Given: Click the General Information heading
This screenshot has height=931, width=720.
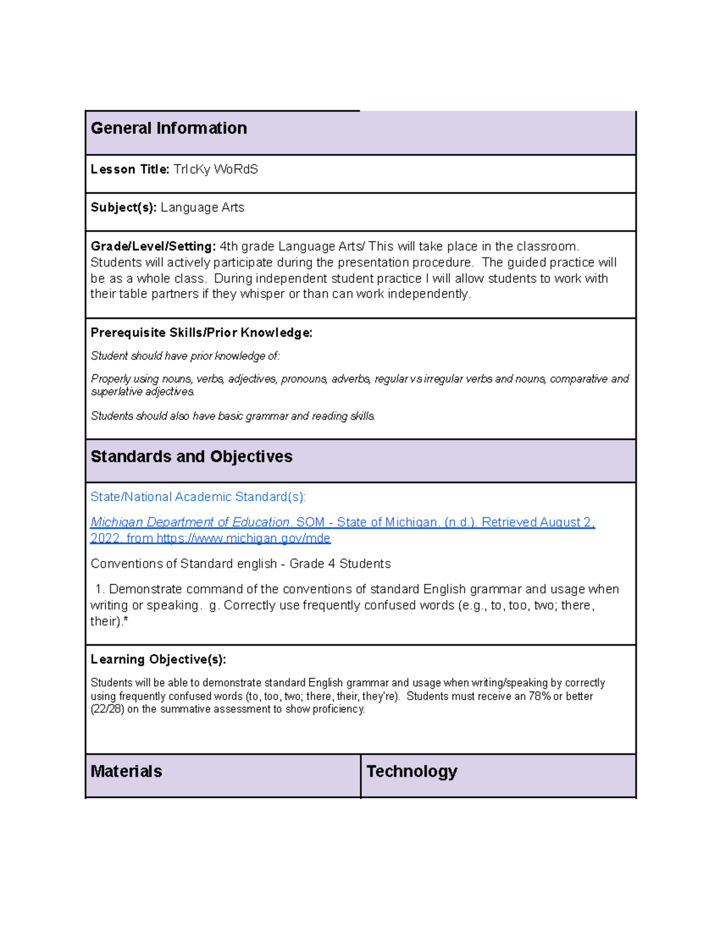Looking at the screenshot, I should (169, 128).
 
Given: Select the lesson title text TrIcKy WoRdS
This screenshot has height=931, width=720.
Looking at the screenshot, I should (215, 170).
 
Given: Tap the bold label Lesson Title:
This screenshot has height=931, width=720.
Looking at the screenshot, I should (130, 170).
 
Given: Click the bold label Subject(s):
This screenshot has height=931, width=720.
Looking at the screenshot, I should (124, 207).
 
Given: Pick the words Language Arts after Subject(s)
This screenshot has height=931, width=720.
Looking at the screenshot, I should (202, 207).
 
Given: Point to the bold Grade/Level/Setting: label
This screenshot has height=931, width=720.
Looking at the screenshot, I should (153, 246).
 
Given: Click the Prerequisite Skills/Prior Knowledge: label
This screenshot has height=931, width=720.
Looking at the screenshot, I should (201, 333).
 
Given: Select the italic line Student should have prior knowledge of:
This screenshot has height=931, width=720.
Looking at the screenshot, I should (185, 356).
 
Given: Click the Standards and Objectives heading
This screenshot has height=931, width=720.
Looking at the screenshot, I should (191, 457).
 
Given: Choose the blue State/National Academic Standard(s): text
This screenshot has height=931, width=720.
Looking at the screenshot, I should (198, 497).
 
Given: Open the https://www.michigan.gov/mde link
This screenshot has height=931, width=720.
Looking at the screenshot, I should (243, 538).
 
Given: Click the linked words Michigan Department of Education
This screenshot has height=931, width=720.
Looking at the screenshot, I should (190, 522).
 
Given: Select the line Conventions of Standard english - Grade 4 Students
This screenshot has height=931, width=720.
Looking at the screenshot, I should (240, 564).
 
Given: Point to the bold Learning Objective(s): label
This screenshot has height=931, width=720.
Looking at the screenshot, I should (158, 659).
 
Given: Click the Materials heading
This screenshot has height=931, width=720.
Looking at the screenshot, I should (126, 772).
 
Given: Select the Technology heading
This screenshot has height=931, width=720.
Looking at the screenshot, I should (412, 772).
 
